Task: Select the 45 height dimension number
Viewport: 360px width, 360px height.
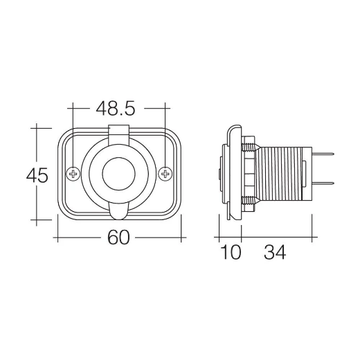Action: tap(37, 176)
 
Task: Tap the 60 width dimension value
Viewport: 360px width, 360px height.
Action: tap(119, 238)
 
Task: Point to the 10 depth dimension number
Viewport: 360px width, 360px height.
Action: tap(231, 253)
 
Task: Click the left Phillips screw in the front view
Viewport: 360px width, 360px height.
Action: tap(72, 173)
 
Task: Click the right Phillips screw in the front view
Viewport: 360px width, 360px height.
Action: tap(164, 173)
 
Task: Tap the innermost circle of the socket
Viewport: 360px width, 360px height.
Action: tap(118, 173)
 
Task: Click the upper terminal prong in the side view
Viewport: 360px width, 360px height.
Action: tap(325, 155)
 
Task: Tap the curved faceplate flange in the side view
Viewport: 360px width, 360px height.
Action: tap(233, 173)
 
